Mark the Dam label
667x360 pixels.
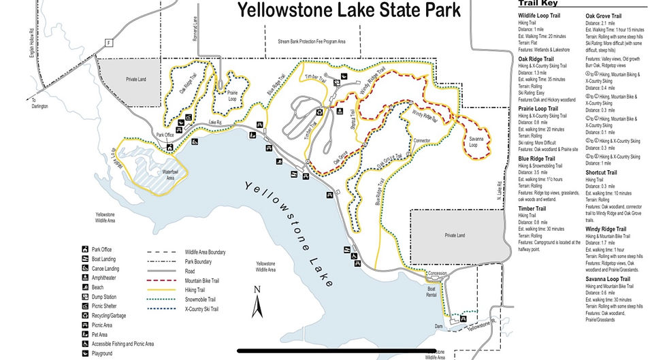(x=440, y=327)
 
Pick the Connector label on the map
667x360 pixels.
(x=423, y=140)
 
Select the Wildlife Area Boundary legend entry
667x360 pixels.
(x=205, y=252)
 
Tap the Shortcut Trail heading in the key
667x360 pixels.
(x=602, y=172)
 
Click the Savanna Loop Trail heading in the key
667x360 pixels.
(x=608, y=279)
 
